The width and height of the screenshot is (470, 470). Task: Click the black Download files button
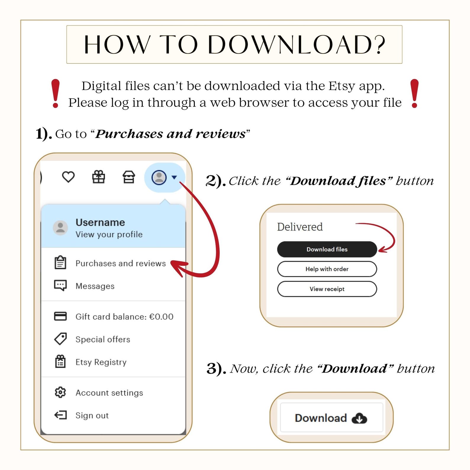(327, 249)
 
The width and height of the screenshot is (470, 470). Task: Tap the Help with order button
(327, 269)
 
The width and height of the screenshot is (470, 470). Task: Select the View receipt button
(327, 289)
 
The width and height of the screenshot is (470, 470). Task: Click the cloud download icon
(359, 418)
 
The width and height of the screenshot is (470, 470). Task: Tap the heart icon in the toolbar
(68, 177)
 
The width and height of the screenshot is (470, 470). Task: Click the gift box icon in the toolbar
(99, 177)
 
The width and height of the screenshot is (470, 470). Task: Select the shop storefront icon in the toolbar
(129, 177)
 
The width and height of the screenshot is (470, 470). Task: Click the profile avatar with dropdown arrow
(165, 178)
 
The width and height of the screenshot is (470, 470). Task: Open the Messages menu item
(84, 286)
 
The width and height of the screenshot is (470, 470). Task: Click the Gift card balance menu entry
(114, 316)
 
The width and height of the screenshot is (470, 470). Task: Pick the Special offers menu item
(92, 339)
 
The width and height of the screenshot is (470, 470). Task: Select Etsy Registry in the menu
(90, 362)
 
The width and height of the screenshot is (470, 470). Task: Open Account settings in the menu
(99, 392)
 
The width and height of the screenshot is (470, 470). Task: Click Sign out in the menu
(81, 415)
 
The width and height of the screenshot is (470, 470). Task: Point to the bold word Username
(100, 222)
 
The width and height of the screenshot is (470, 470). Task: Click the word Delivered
(300, 227)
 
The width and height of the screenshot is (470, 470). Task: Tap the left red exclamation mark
(55, 93)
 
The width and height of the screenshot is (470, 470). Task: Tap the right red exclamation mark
(415, 93)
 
